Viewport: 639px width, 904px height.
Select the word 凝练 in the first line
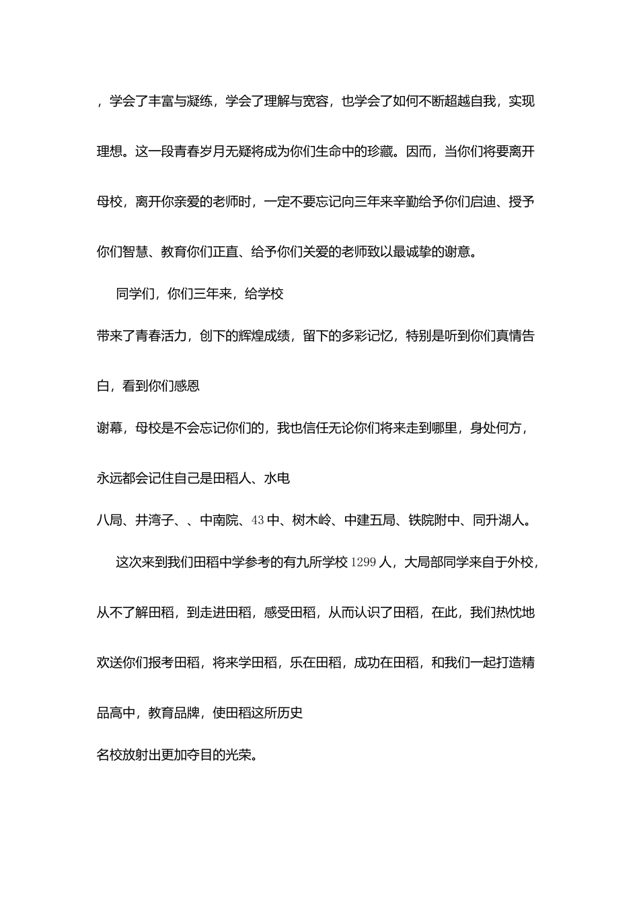(x=200, y=102)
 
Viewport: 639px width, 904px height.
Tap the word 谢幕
(x=110, y=428)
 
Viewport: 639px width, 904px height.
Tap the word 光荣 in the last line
(x=239, y=755)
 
